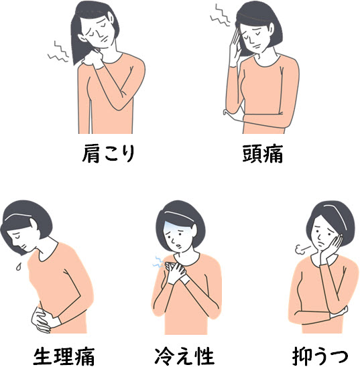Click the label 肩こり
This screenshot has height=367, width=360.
click(109, 153)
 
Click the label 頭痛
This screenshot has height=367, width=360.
click(263, 153)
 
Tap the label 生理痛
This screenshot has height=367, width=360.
click(64, 356)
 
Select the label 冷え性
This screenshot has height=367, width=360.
click(184, 356)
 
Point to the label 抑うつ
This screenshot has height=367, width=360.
click(320, 356)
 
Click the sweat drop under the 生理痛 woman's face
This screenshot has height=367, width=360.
click(19, 266)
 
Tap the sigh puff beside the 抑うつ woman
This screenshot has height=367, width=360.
click(302, 250)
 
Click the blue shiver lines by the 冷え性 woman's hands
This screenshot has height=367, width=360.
click(158, 263)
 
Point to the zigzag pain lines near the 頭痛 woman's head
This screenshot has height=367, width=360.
click(220, 15)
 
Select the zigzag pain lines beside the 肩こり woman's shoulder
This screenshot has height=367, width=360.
click(58, 52)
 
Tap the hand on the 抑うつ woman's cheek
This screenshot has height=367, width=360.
click(333, 248)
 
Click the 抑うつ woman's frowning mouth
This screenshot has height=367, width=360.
click(322, 244)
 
